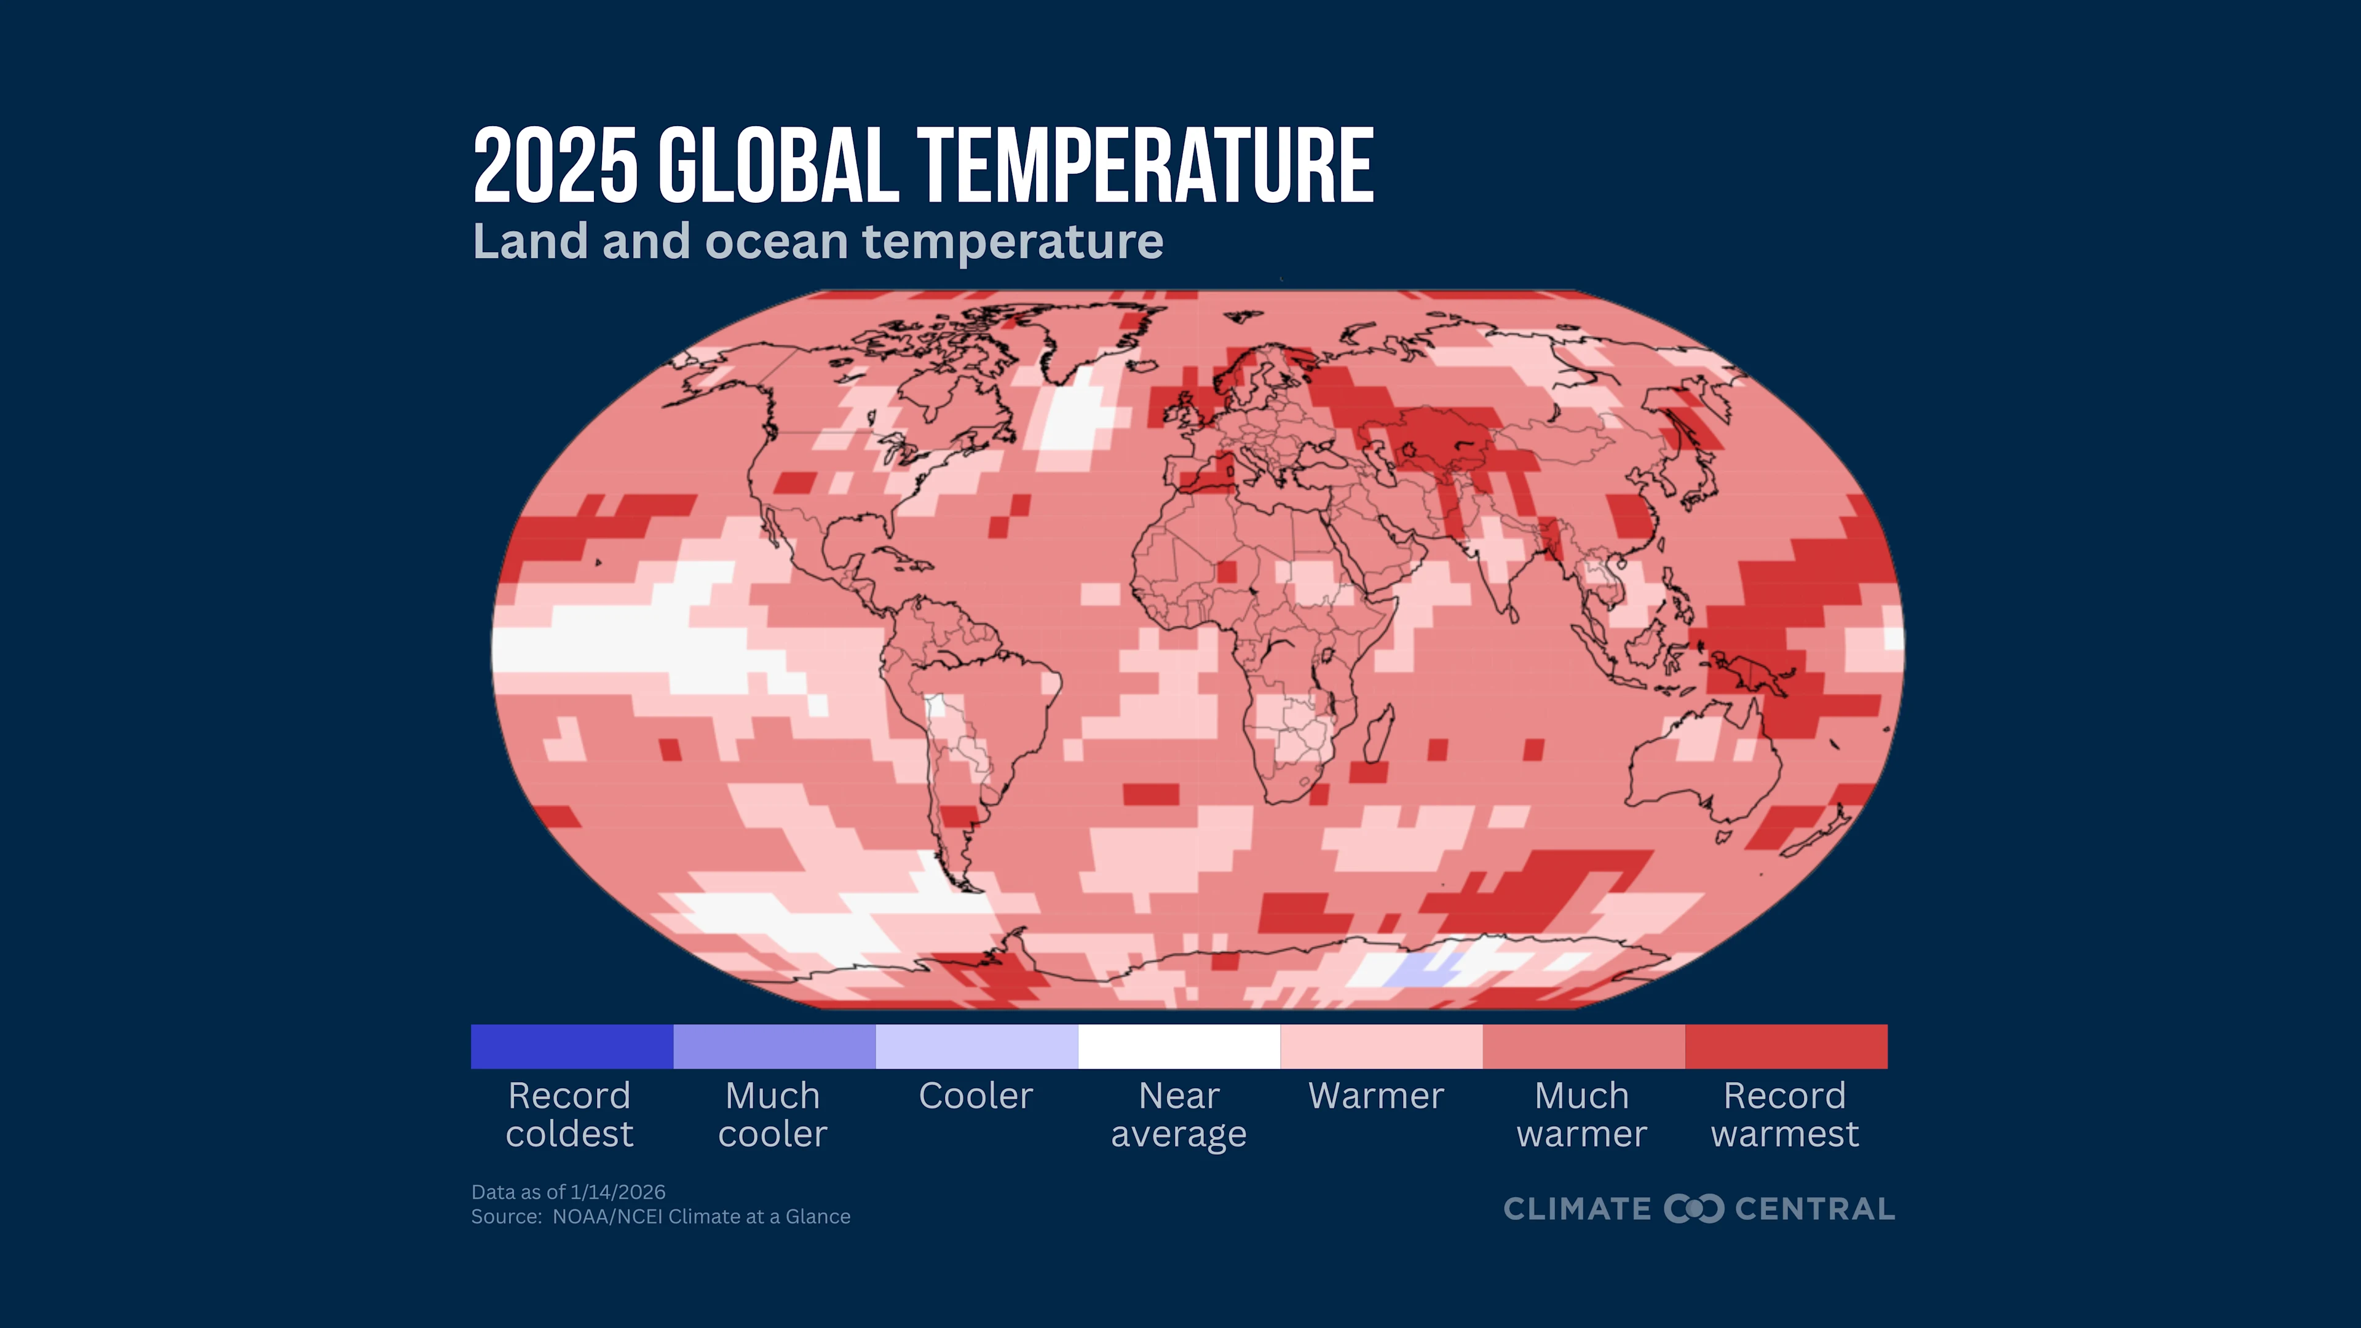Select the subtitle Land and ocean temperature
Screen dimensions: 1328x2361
(x=818, y=241)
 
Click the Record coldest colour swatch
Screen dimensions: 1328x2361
(x=572, y=1046)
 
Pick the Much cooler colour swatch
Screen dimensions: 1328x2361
(x=775, y=1046)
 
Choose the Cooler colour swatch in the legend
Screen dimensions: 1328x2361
(x=977, y=1046)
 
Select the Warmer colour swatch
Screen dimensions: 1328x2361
(x=1381, y=1046)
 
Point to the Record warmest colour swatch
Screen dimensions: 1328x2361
(x=1786, y=1046)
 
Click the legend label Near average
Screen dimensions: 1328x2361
(x=1179, y=1115)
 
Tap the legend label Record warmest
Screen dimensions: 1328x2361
(x=1784, y=1115)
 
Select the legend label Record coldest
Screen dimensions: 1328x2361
(x=569, y=1115)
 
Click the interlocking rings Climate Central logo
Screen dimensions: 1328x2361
(x=1693, y=1208)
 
